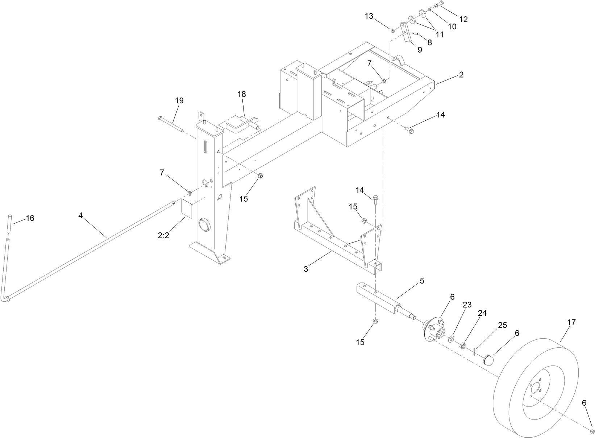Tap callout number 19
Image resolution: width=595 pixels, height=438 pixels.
(179, 100)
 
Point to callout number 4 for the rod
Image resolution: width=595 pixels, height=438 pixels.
(80, 215)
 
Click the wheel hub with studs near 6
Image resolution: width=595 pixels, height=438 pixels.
(433, 328)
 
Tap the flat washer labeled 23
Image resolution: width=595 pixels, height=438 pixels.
(451, 339)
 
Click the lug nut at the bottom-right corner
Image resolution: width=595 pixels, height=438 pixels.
(592, 431)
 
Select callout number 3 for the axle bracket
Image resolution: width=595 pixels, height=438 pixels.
(306, 269)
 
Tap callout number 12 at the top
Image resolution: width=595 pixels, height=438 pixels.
(463, 19)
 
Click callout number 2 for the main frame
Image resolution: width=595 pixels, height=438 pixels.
(461, 75)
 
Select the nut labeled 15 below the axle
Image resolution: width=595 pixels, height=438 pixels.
(376, 321)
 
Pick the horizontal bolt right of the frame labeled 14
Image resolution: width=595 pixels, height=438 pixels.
(409, 129)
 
